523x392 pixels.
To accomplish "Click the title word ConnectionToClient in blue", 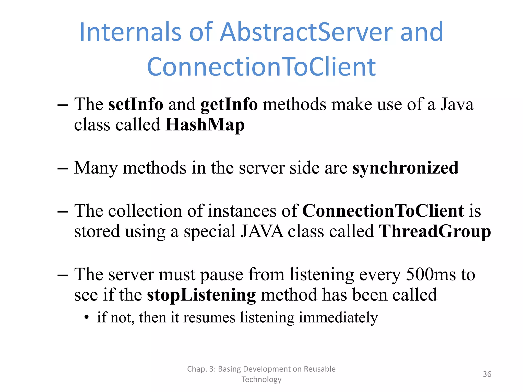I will (261, 67).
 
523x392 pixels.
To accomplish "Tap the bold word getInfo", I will (229, 105).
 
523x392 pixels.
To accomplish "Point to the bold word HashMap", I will (205, 125).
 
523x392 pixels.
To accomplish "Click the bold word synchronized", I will (405, 168).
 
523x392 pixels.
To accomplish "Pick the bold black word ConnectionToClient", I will (383, 211).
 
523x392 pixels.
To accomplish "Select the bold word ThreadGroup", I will (435, 231).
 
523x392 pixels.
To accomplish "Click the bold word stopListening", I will (201, 295).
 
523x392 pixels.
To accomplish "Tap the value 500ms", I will (431, 274).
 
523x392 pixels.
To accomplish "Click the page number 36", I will (487, 374).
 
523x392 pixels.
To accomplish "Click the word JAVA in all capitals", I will (262, 231).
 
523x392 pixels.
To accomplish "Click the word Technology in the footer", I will (261, 379).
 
